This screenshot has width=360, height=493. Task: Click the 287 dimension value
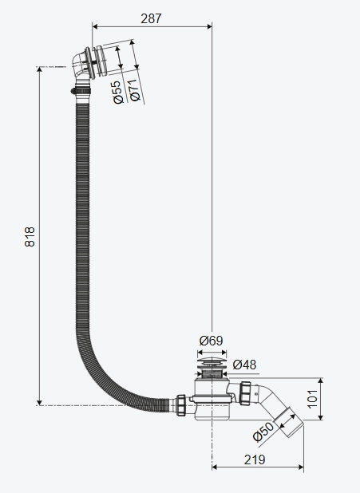click(151, 18)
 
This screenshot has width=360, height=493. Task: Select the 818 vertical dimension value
click(30, 237)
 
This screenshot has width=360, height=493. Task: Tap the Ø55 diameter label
click(117, 92)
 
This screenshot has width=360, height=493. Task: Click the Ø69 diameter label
click(211, 341)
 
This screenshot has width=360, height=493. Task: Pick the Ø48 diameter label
click(244, 365)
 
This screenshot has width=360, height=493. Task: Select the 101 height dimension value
click(312, 399)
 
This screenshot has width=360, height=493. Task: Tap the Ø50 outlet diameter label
click(263, 432)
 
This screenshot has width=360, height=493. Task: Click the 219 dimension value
click(255, 460)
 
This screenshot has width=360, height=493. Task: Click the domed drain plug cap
click(212, 361)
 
